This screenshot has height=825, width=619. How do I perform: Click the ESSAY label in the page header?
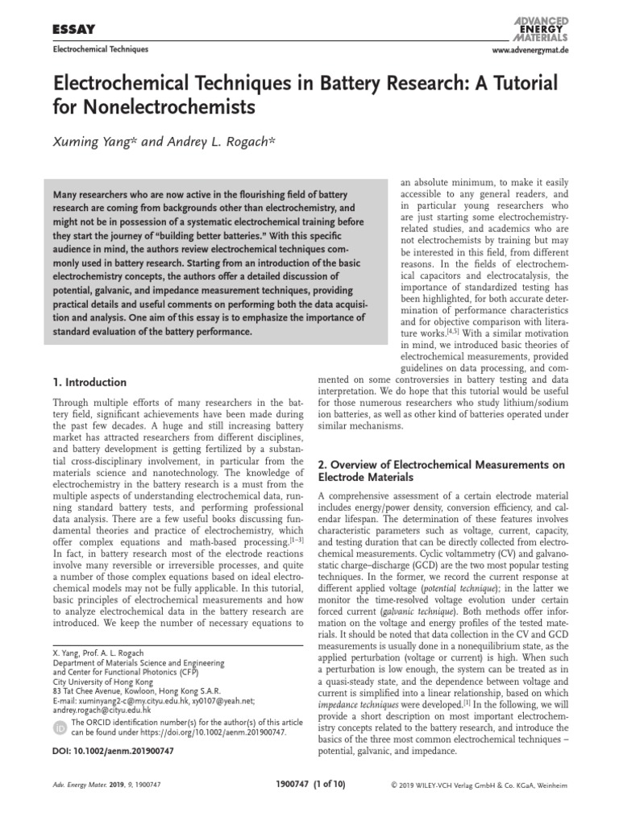(74, 29)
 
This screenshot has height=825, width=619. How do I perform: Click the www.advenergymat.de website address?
(524, 50)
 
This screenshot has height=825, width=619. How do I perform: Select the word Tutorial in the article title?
(504, 83)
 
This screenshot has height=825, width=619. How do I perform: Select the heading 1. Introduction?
(89, 382)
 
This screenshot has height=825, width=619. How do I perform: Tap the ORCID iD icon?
(60, 728)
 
